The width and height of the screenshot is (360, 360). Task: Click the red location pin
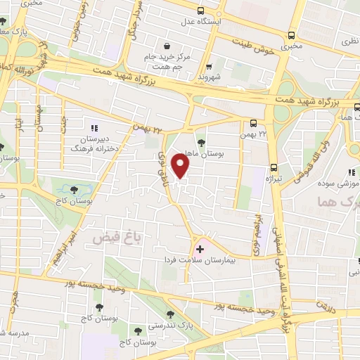181,166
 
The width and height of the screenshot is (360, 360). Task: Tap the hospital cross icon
200,249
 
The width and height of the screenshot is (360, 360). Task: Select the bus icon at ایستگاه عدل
201,11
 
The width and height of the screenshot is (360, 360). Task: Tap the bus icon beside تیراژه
274,167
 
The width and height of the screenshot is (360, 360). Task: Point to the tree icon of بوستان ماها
201,143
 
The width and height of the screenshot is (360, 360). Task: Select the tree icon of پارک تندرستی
168,314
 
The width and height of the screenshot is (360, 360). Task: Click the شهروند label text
210,76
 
